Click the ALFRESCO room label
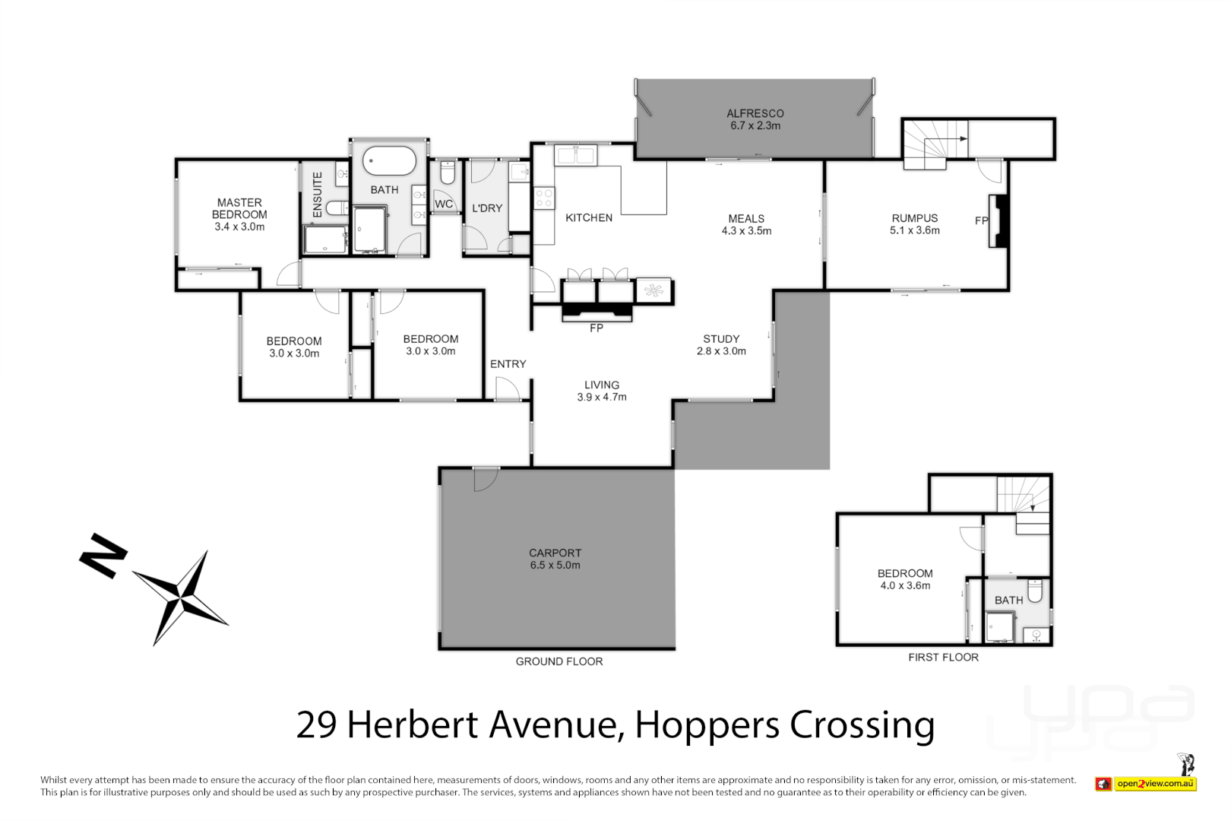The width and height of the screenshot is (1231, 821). click(755, 119)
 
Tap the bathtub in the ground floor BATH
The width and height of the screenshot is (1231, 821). click(389, 161)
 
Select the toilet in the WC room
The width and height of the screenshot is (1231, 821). click(447, 174)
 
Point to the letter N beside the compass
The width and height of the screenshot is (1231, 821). click(103, 555)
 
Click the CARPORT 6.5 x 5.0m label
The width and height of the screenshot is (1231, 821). click(555, 559)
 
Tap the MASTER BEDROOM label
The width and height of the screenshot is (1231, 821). click(239, 214)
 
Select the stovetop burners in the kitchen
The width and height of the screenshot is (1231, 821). click(544, 198)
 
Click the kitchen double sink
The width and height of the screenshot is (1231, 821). click(576, 156)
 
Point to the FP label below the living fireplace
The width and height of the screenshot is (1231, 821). click(597, 328)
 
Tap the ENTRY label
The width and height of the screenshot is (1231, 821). click(508, 364)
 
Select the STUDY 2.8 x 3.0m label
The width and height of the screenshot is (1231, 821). click(721, 345)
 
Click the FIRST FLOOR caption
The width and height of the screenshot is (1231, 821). click(943, 658)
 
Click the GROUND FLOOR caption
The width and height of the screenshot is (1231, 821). click(559, 662)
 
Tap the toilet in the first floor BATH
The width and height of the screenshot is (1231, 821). click(1035, 591)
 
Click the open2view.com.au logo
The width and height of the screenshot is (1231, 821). click(1155, 784)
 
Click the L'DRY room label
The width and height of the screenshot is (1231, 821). click(487, 208)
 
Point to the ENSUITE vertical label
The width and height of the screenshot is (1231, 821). click(318, 195)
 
